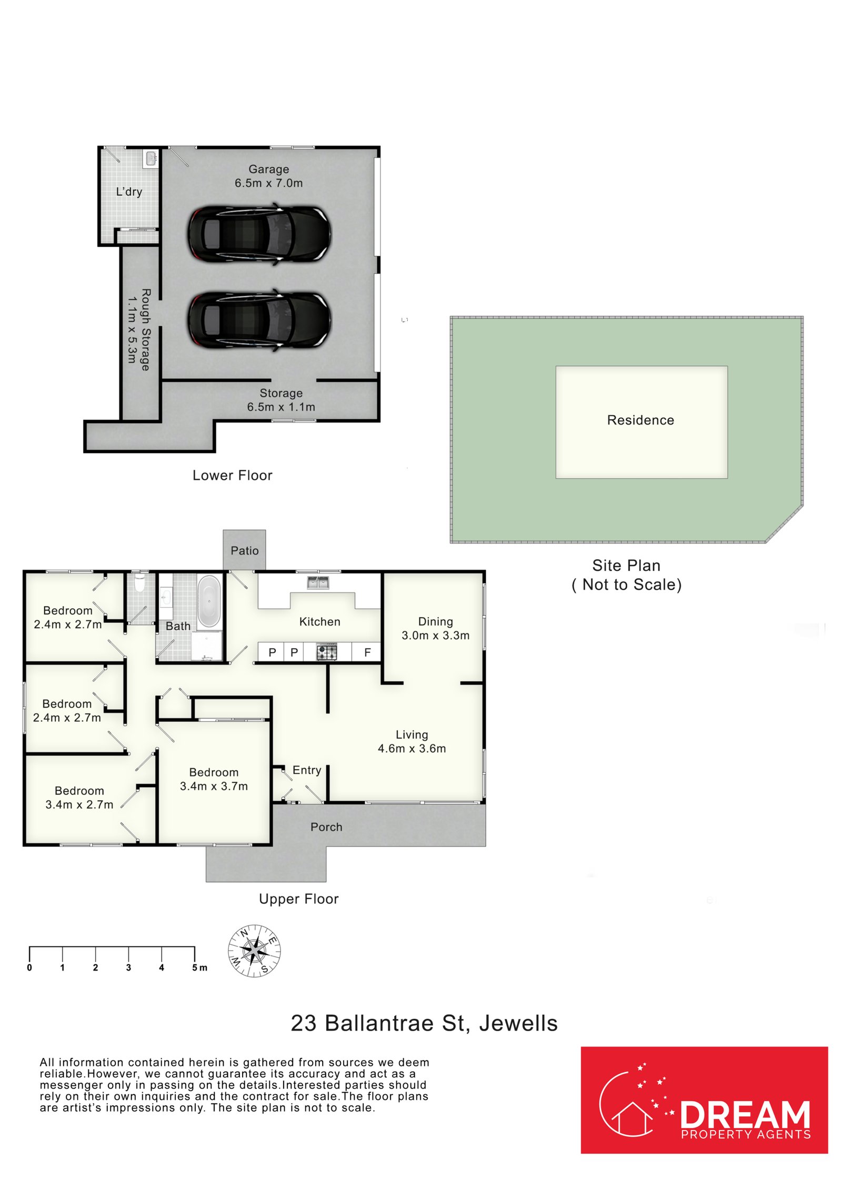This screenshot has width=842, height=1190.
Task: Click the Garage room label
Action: pyautogui.click(x=268, y=169)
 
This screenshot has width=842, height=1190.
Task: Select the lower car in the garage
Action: pyautogui.click(x=259, y=319)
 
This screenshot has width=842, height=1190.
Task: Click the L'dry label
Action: pyautogui.click(x=129, y=192)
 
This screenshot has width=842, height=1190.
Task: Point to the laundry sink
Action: pyautogui.click(x=151, y=158)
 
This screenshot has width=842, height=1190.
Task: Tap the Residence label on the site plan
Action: pyautogui.click(x=640, y=420)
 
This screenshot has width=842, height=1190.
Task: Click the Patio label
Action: pyautogui.click(x=245, y=550)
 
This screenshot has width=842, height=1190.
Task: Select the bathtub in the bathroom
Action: pyautogui.click(x=209, y=601)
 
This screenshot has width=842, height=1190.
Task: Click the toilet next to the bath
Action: pyautogui.click(x=139, y=582)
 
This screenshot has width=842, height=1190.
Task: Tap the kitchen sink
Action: pyautogui.click(x=318, y=582)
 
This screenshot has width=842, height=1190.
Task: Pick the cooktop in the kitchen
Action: pyautogui.click(x=326, y=652)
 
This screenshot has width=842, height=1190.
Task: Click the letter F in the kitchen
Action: pyautogui.click(x=367, y=652)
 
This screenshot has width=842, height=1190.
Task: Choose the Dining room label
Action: pyautogui.click(x=435, y=621)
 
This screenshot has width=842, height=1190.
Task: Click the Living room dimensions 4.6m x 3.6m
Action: pyautogui.click(x=412, y=748)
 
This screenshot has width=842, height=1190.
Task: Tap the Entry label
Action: pyautogui.click(x=307, y=770)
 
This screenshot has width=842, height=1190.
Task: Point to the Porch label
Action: pyautogui.click(x=326, y=827)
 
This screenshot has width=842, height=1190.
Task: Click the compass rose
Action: pyautogui.click(x=254, y=951)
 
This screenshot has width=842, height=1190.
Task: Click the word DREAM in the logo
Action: pyautogui.click(x=745, y=1114)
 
